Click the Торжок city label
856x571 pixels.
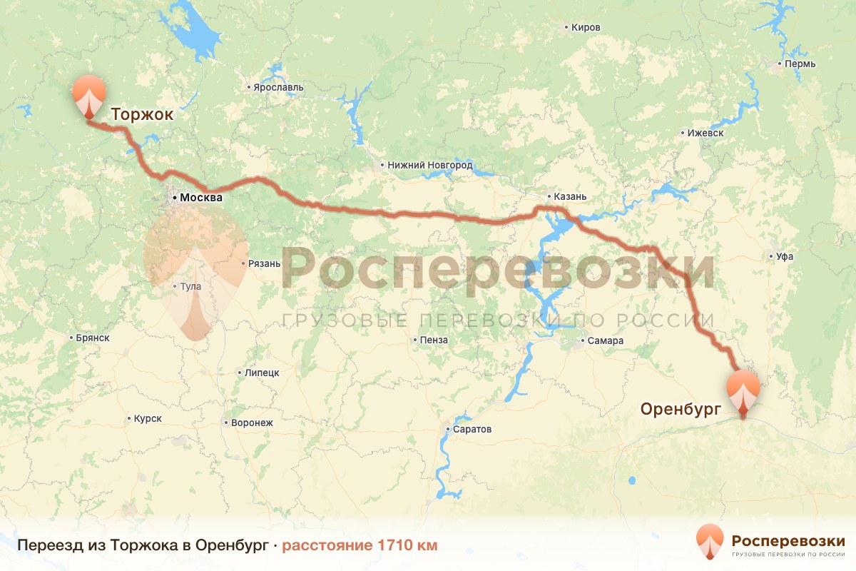142,115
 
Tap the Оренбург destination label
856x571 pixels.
681,409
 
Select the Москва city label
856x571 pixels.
201,198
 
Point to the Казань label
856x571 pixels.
571,197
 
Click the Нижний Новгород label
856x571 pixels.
430,165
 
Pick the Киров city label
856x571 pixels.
586,28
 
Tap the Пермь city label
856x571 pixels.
800,64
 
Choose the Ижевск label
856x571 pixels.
705,133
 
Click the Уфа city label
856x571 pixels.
786,256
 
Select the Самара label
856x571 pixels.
606,340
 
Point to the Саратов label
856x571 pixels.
472,430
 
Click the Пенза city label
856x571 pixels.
434,340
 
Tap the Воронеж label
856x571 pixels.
252,423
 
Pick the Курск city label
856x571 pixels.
148,418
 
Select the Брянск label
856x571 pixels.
92,338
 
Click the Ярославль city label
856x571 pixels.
278,88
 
